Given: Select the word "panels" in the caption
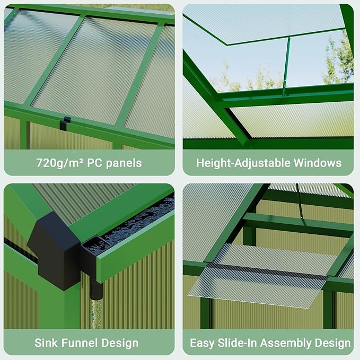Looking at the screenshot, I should [x=124, y=162].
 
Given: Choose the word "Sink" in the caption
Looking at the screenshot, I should [x=46, y=343].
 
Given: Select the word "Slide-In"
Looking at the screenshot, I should [x=239, y=343].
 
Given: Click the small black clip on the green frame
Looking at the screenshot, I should [x=65, y=124].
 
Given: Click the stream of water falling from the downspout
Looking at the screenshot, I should [x=95, y=313].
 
